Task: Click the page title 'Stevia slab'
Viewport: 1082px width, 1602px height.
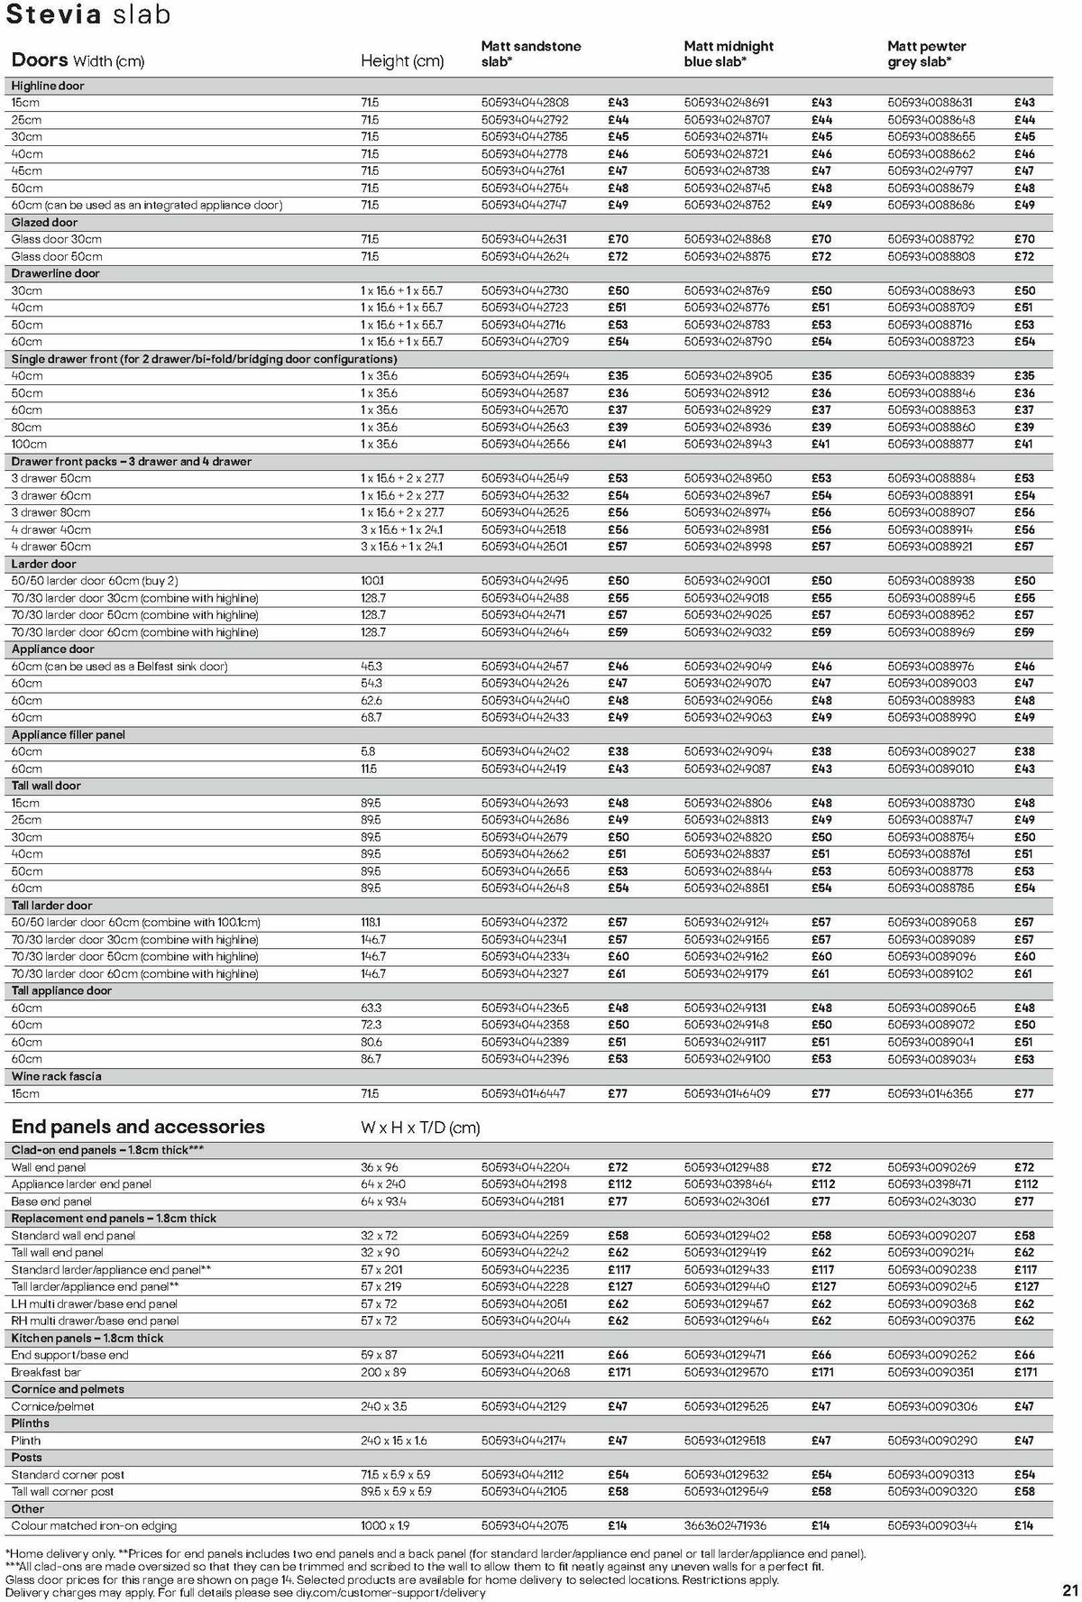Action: (x=87, y=15)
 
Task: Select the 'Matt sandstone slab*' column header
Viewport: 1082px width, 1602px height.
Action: (x=530, y=53)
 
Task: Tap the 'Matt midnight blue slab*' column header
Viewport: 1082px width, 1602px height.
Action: (x=729, y=53)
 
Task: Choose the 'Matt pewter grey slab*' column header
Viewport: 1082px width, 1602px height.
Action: (x=926, y=53)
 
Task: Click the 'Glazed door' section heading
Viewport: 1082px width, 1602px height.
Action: (x=44, y=222)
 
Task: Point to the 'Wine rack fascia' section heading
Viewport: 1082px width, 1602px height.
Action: (x=56, y=1076)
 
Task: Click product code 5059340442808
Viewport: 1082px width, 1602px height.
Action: (x=525, y=103)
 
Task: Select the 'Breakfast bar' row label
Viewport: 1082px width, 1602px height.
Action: (x=46, y=1372)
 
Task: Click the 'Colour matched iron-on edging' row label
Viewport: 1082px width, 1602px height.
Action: (x=94, y=1526)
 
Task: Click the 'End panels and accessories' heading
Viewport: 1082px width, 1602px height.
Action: (x=138, y=1127)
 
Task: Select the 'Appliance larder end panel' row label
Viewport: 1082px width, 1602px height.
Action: (x=81, y=1184)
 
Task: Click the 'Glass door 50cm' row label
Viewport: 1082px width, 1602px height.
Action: (x=57, y=256)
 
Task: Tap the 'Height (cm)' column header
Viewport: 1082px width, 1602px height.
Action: (x=402, y=61)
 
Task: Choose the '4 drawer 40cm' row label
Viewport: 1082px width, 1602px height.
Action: (x=51, y=529)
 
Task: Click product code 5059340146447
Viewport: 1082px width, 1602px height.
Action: (x=524, y=1093)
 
